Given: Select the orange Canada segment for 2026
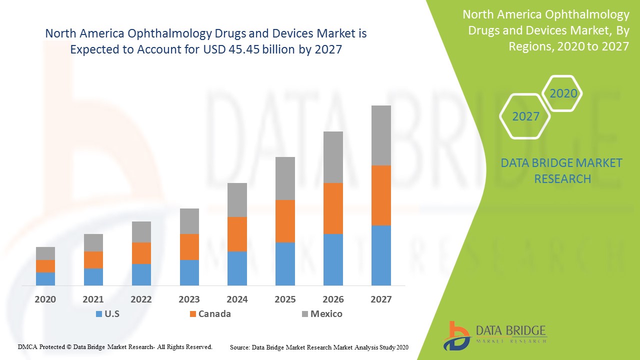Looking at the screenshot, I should [333, 208].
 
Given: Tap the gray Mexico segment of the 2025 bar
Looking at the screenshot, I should [285, 178].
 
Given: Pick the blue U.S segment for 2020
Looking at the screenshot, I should [45, 278].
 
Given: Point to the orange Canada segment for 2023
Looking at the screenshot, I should [189, 246].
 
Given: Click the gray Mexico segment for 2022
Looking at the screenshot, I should [141, 231].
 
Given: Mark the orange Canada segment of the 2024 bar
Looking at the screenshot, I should [237, 233].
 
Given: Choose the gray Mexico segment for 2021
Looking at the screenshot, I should [93, 242].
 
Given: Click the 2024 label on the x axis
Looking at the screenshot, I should [237, 299].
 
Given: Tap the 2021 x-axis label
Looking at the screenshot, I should [93, 299].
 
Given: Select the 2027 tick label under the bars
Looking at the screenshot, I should [381, 299].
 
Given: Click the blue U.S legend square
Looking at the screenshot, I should [99, 314].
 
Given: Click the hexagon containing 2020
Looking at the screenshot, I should [563, 93].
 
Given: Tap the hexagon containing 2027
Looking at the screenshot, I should [525, 116].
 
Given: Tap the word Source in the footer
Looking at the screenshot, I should [239, 347].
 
